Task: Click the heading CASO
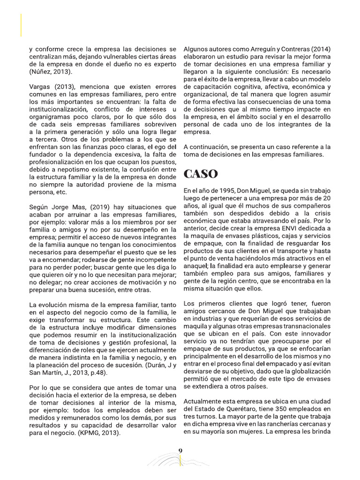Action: [201, 174]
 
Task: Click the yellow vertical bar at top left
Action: [21, 25]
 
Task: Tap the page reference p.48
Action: [97, 373]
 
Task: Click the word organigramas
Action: [51, 117]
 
